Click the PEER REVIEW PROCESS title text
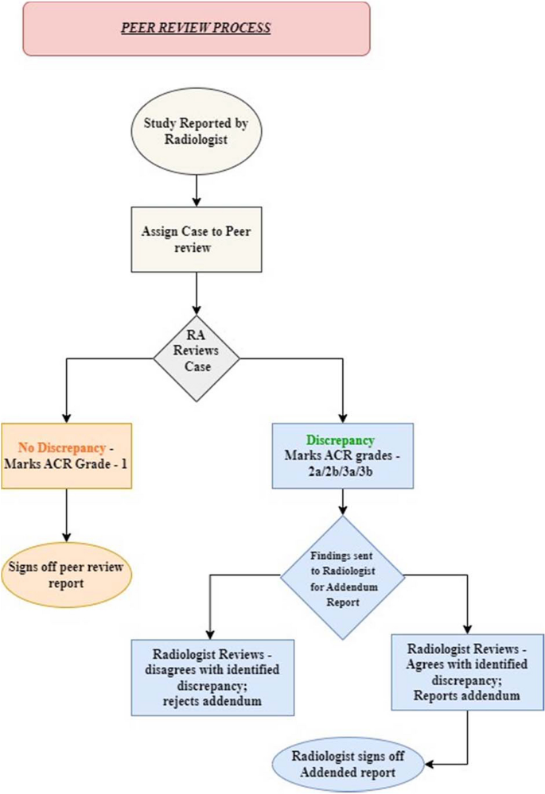[x=196, y=28]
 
